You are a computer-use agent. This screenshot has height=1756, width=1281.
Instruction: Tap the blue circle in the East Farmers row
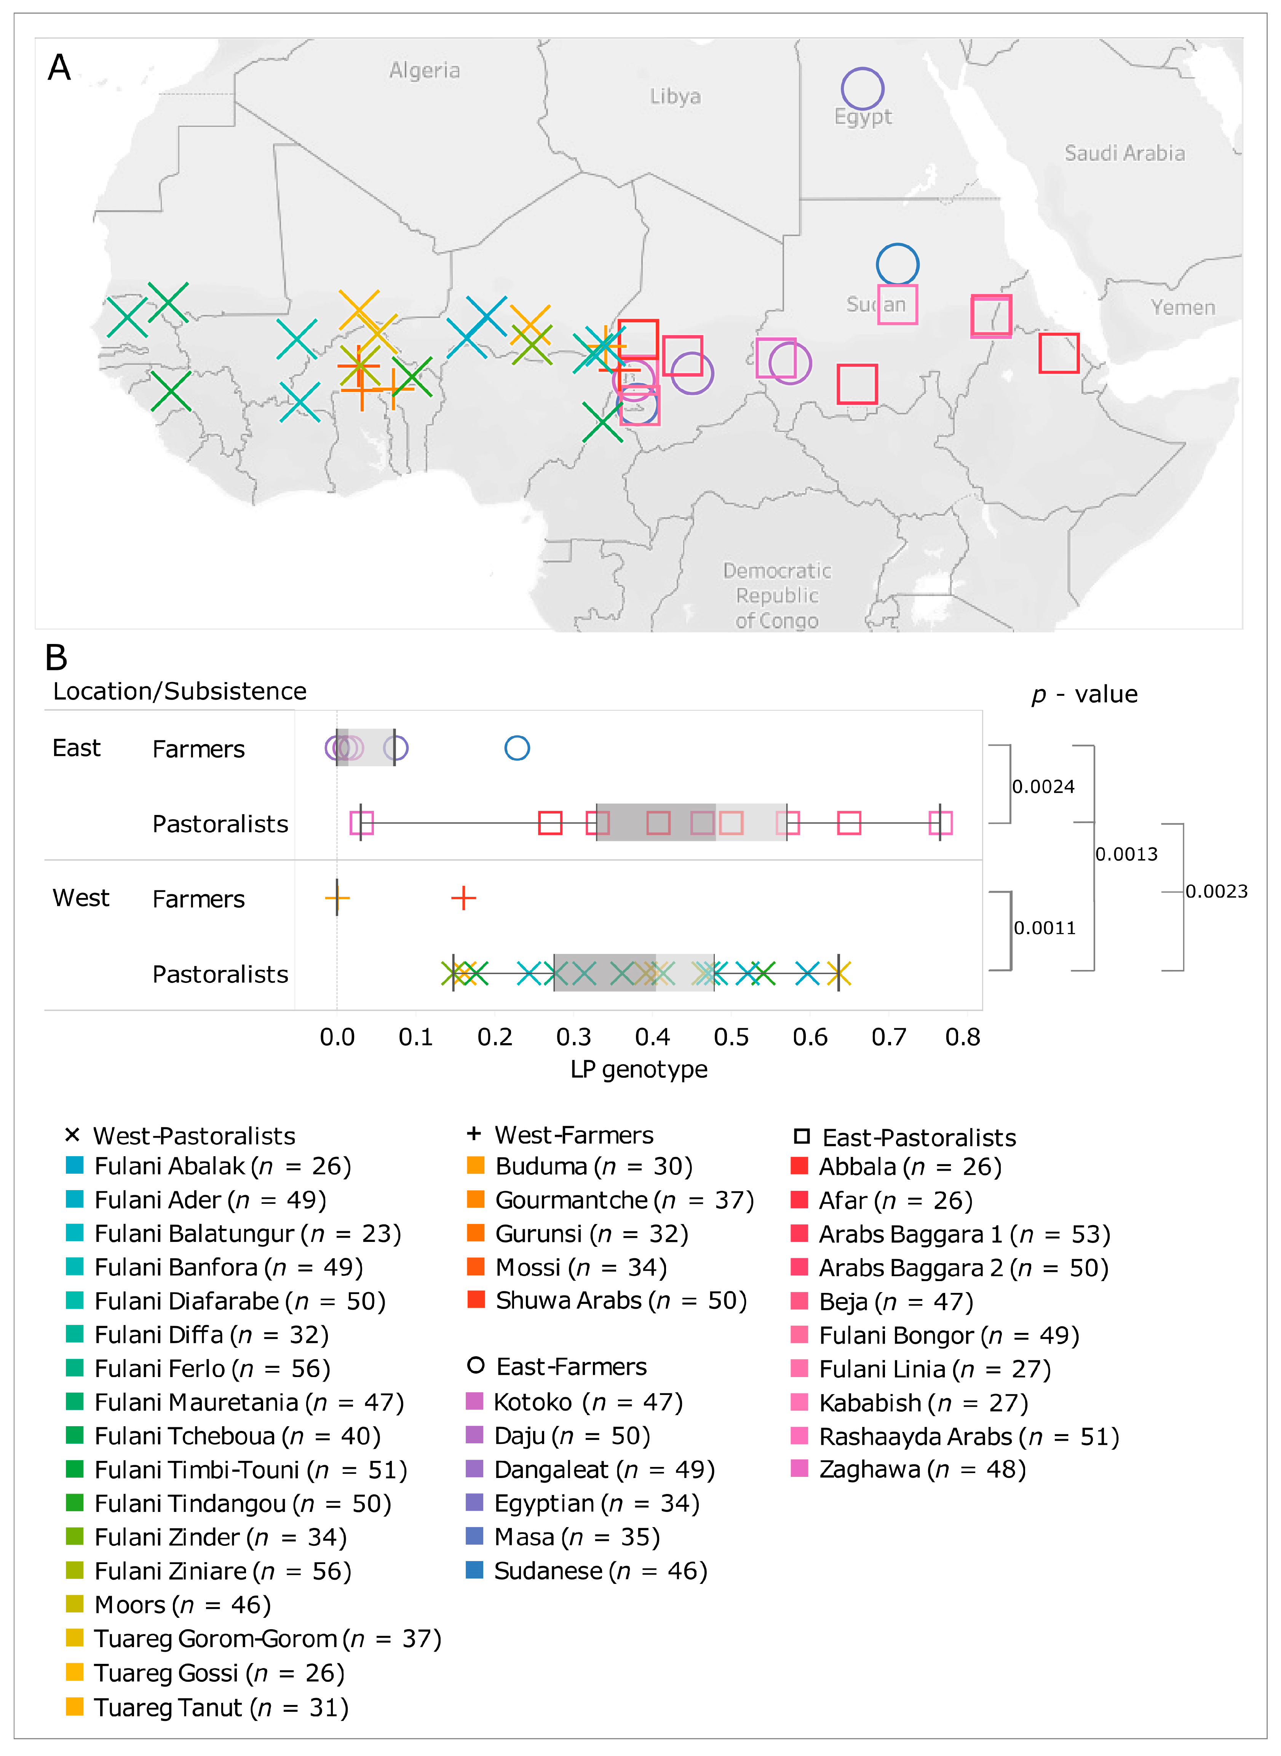517,748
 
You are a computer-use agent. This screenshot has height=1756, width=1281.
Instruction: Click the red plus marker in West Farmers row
463,898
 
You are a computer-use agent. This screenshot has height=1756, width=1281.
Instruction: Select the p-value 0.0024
1043,787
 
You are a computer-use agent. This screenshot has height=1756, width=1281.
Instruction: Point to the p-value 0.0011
1045,928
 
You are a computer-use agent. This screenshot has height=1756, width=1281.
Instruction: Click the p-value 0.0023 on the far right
1216,892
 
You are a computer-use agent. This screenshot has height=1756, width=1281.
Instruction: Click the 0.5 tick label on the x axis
731,1037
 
